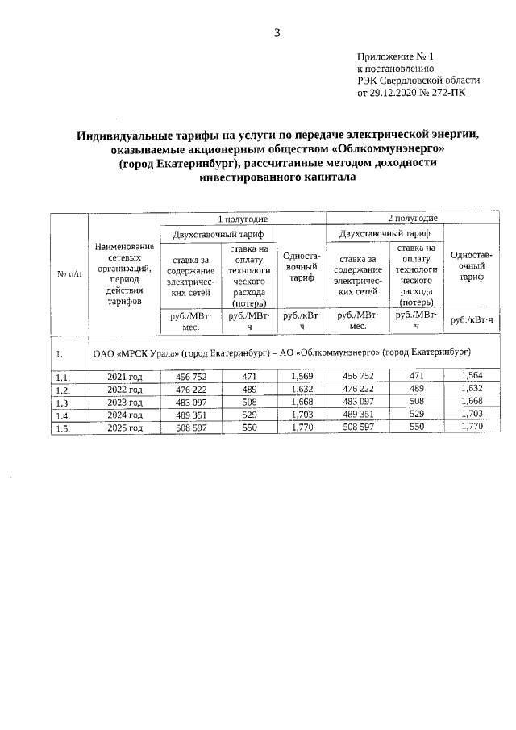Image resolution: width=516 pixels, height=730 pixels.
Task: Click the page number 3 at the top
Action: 277,33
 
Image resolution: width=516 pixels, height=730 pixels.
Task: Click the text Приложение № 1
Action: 395,57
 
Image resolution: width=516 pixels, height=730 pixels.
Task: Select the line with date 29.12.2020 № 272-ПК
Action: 410,92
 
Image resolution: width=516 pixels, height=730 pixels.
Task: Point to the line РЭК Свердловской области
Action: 418,81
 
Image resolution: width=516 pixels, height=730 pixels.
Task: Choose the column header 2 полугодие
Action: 412,219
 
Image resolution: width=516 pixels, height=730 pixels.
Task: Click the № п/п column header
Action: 69,274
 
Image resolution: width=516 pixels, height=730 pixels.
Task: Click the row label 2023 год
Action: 125,403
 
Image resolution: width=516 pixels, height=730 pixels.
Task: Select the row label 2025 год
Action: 125,428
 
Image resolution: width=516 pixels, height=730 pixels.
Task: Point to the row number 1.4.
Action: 62,415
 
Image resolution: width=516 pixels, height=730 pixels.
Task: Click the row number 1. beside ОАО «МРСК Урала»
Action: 60,353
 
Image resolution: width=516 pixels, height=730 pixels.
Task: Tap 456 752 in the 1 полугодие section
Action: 191,376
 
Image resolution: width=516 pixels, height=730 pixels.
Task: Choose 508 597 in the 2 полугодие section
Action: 357,428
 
